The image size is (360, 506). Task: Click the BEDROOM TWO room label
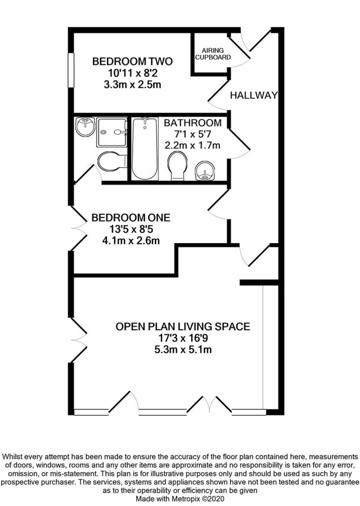pos(132,61)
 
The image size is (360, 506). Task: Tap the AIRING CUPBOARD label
pos(213,54)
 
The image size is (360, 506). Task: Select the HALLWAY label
pos(254,95)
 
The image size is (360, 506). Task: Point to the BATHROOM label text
pos(193,123)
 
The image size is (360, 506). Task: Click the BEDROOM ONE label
pos(131,218)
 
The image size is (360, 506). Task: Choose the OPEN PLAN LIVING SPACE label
pos(183,326)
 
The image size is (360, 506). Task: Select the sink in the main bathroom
pos(205,171)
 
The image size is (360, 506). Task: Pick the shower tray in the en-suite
pos(111,132)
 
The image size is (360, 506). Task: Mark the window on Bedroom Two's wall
pos(71,70)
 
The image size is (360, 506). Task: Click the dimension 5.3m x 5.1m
pos(182,350)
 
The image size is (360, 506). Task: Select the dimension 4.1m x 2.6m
pos(131,241)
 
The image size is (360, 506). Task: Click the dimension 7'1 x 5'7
pos(193,134)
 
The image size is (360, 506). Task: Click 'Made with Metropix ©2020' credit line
pos(180,499)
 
